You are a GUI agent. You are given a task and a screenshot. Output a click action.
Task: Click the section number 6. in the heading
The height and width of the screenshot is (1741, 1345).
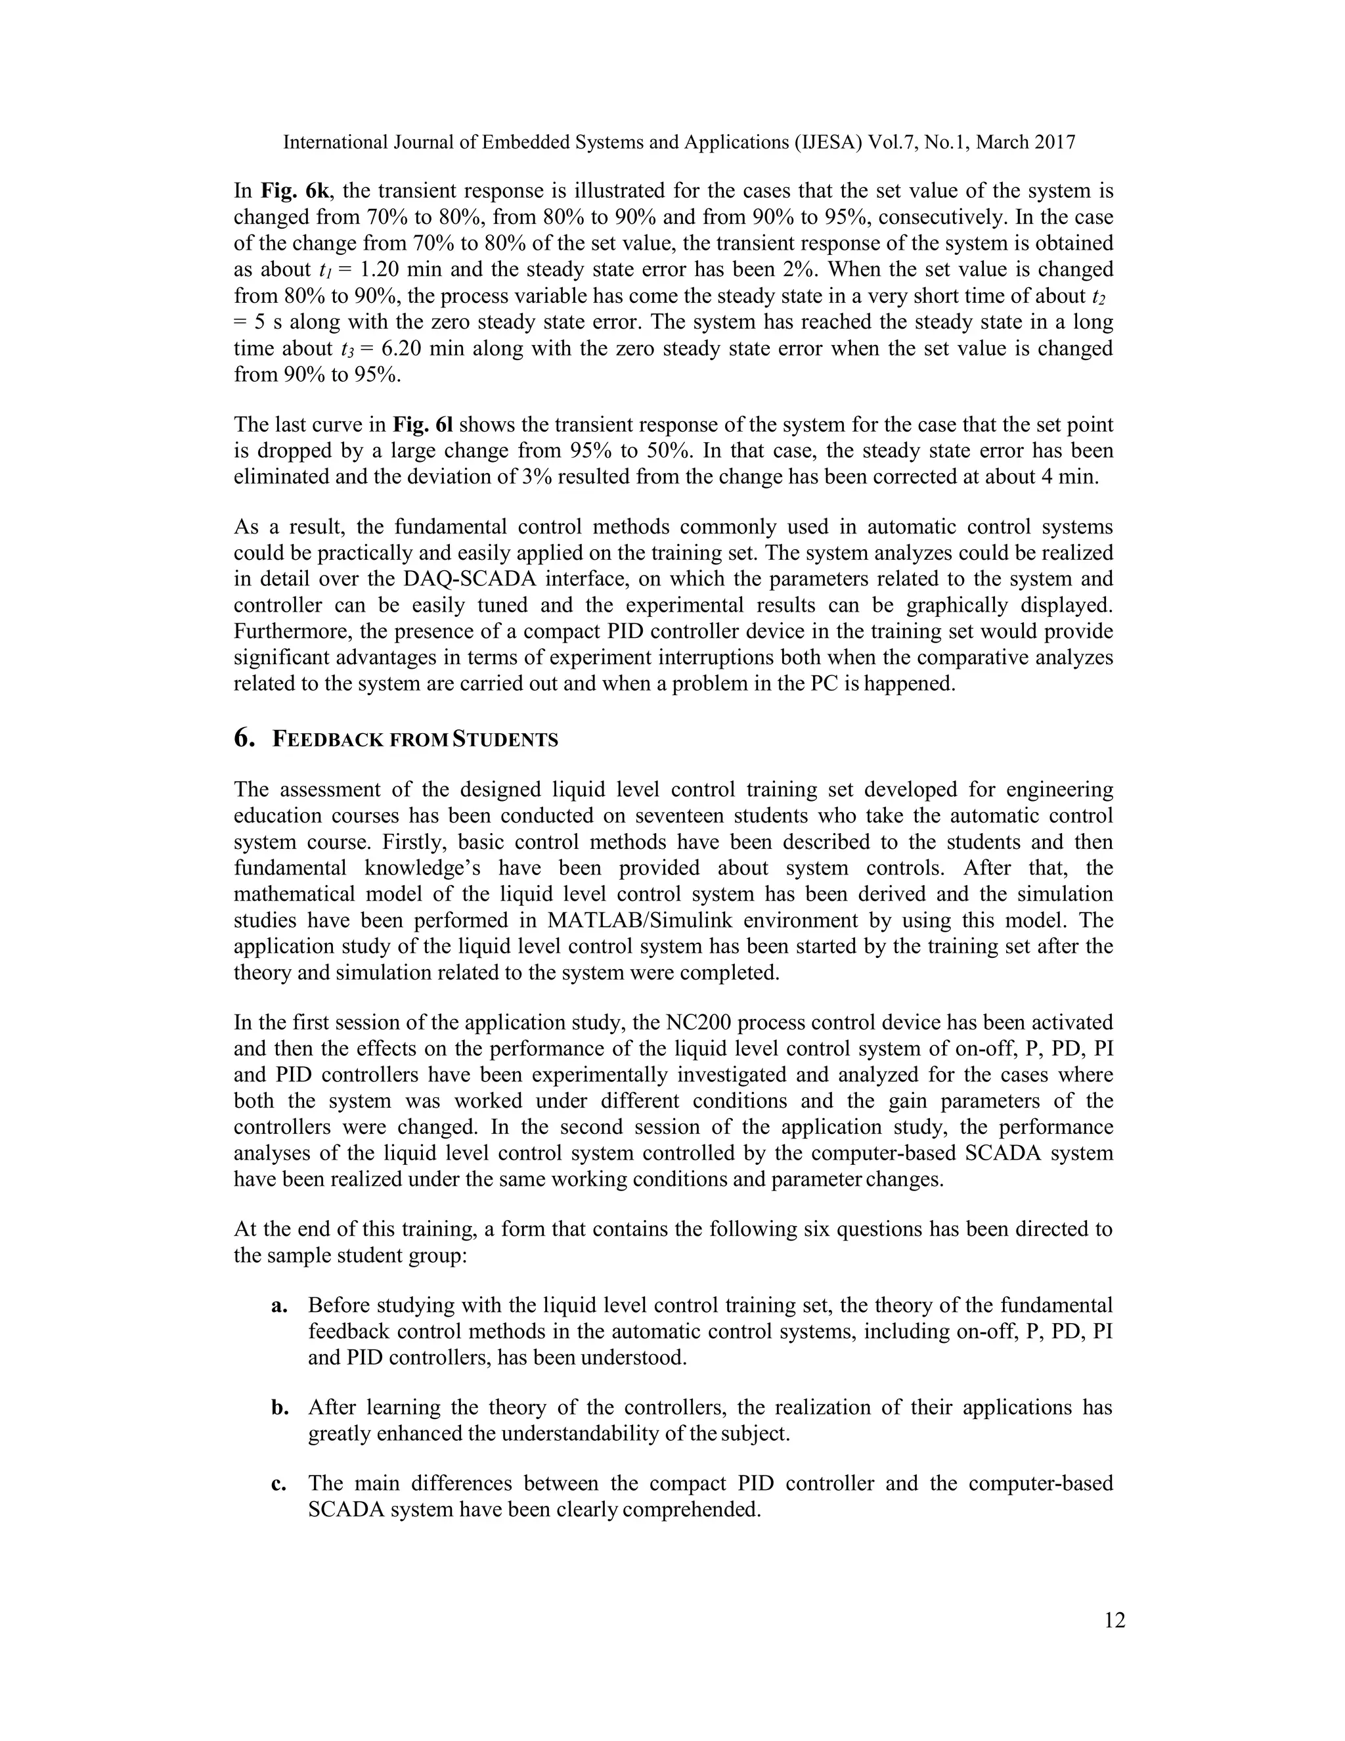(x=244, y=739)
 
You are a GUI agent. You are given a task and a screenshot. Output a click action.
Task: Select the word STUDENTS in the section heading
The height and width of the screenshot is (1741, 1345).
(x=505, y=740)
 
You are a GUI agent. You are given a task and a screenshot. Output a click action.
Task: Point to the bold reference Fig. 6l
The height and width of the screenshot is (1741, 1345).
(x=422, y=425)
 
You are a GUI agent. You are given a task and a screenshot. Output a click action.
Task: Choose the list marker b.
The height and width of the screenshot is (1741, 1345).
(x=279, y=1408)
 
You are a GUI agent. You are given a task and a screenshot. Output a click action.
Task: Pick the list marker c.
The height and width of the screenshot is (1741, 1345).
(x=279, y=1483)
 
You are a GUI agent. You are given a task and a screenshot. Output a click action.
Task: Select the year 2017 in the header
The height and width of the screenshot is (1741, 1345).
(x=1052, y=143)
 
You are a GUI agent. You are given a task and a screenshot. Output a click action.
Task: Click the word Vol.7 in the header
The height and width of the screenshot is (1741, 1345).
(x=893, y=143)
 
